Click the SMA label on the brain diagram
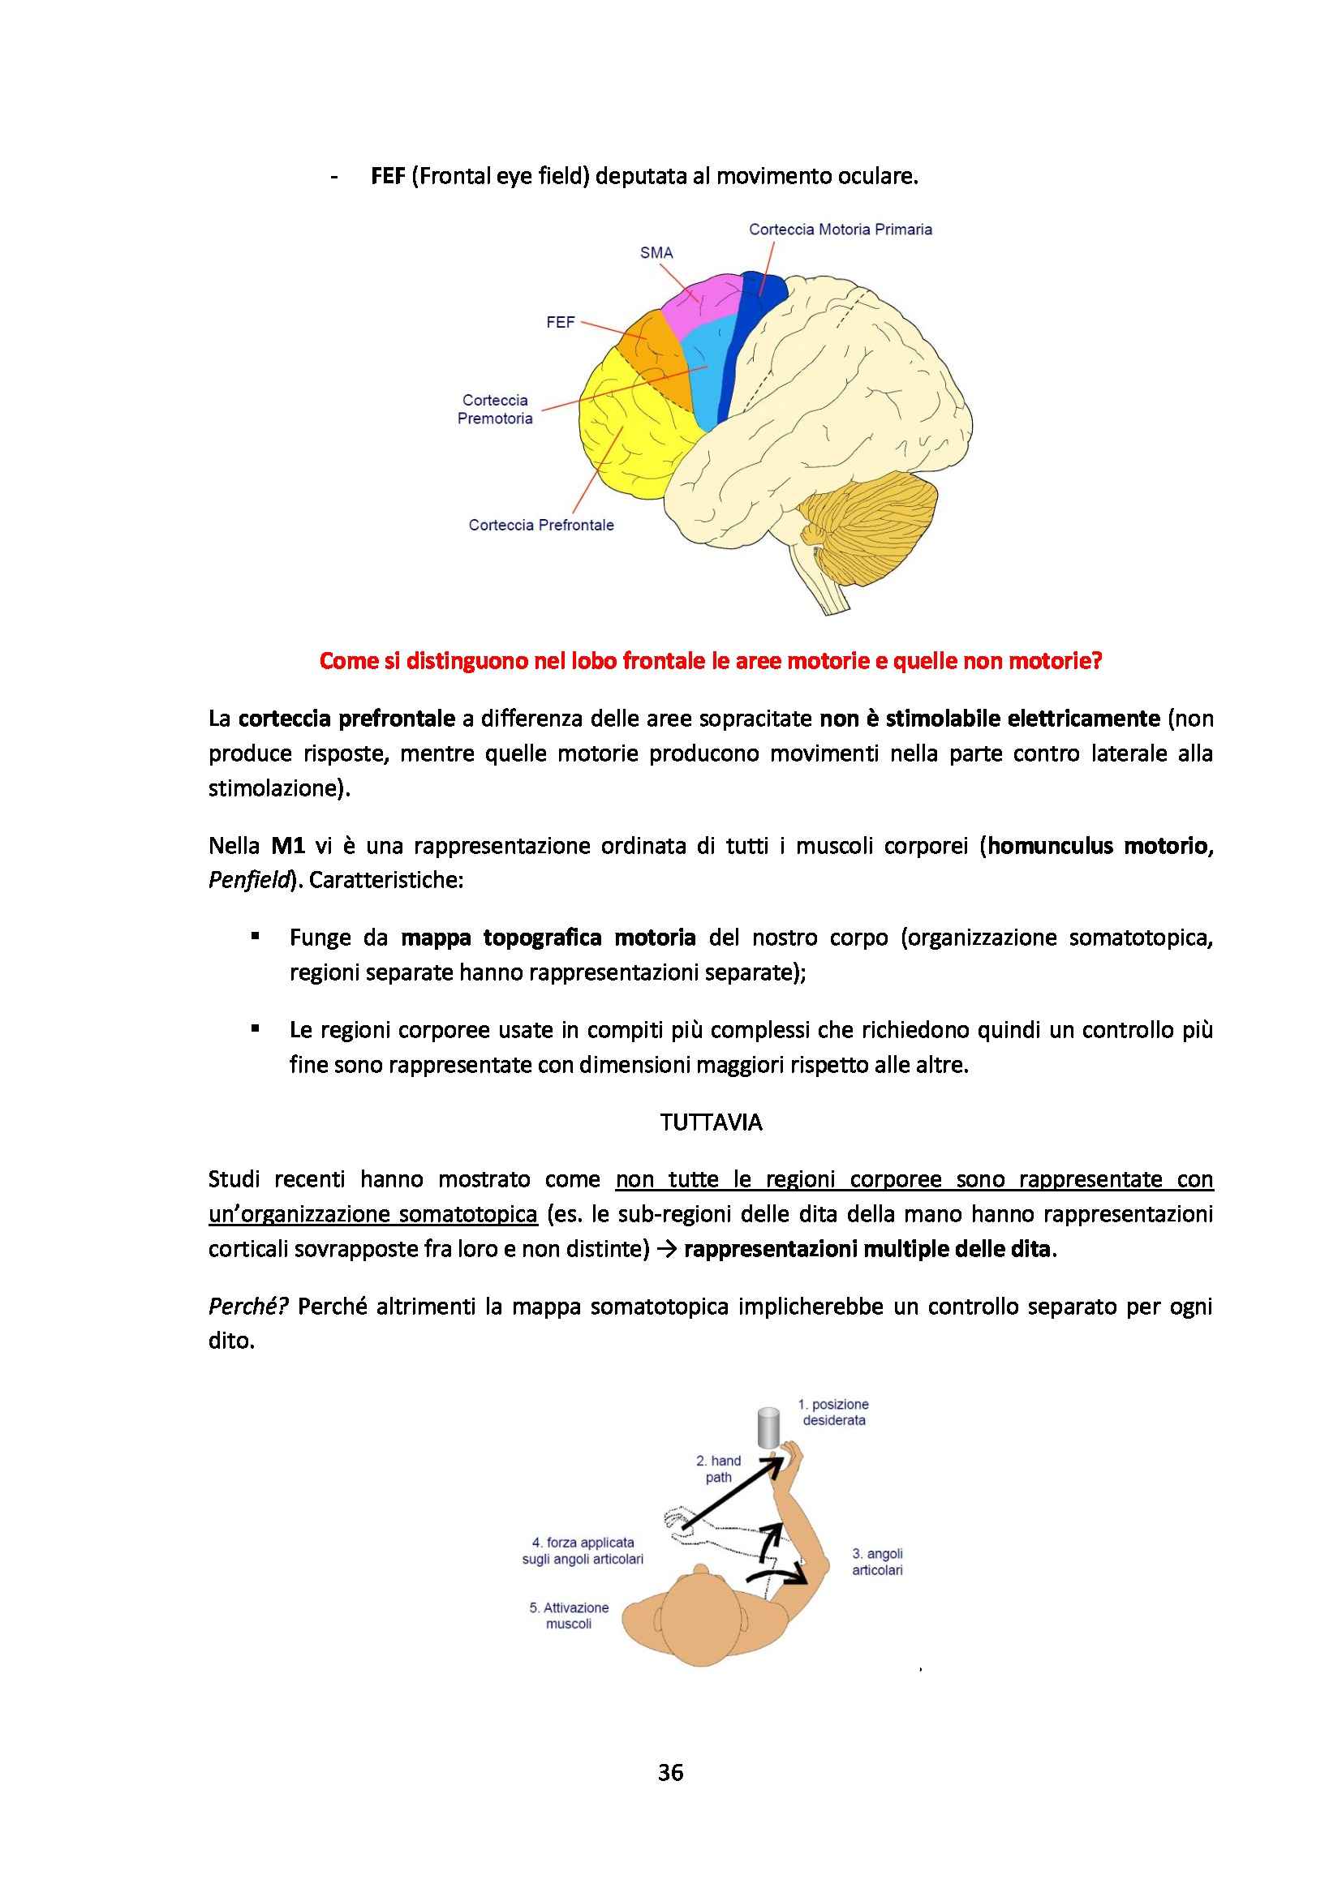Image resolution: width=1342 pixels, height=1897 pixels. pos(656,253)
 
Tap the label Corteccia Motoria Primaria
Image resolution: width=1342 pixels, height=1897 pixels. pos(841,230)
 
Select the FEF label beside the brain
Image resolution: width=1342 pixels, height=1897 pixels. pos(561,323)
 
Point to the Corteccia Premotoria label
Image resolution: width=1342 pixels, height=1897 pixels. pos(495,409)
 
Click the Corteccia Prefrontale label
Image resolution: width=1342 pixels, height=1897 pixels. pos(541,525)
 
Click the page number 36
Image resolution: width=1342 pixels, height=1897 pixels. pos(670,1772)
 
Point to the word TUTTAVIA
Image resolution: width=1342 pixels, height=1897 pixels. pos(712,1122)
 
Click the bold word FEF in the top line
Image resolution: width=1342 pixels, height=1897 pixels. pos(388,178)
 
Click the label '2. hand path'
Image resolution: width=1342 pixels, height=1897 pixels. pos(719,1468)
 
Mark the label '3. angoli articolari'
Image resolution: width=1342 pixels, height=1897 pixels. pos(877,1562)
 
